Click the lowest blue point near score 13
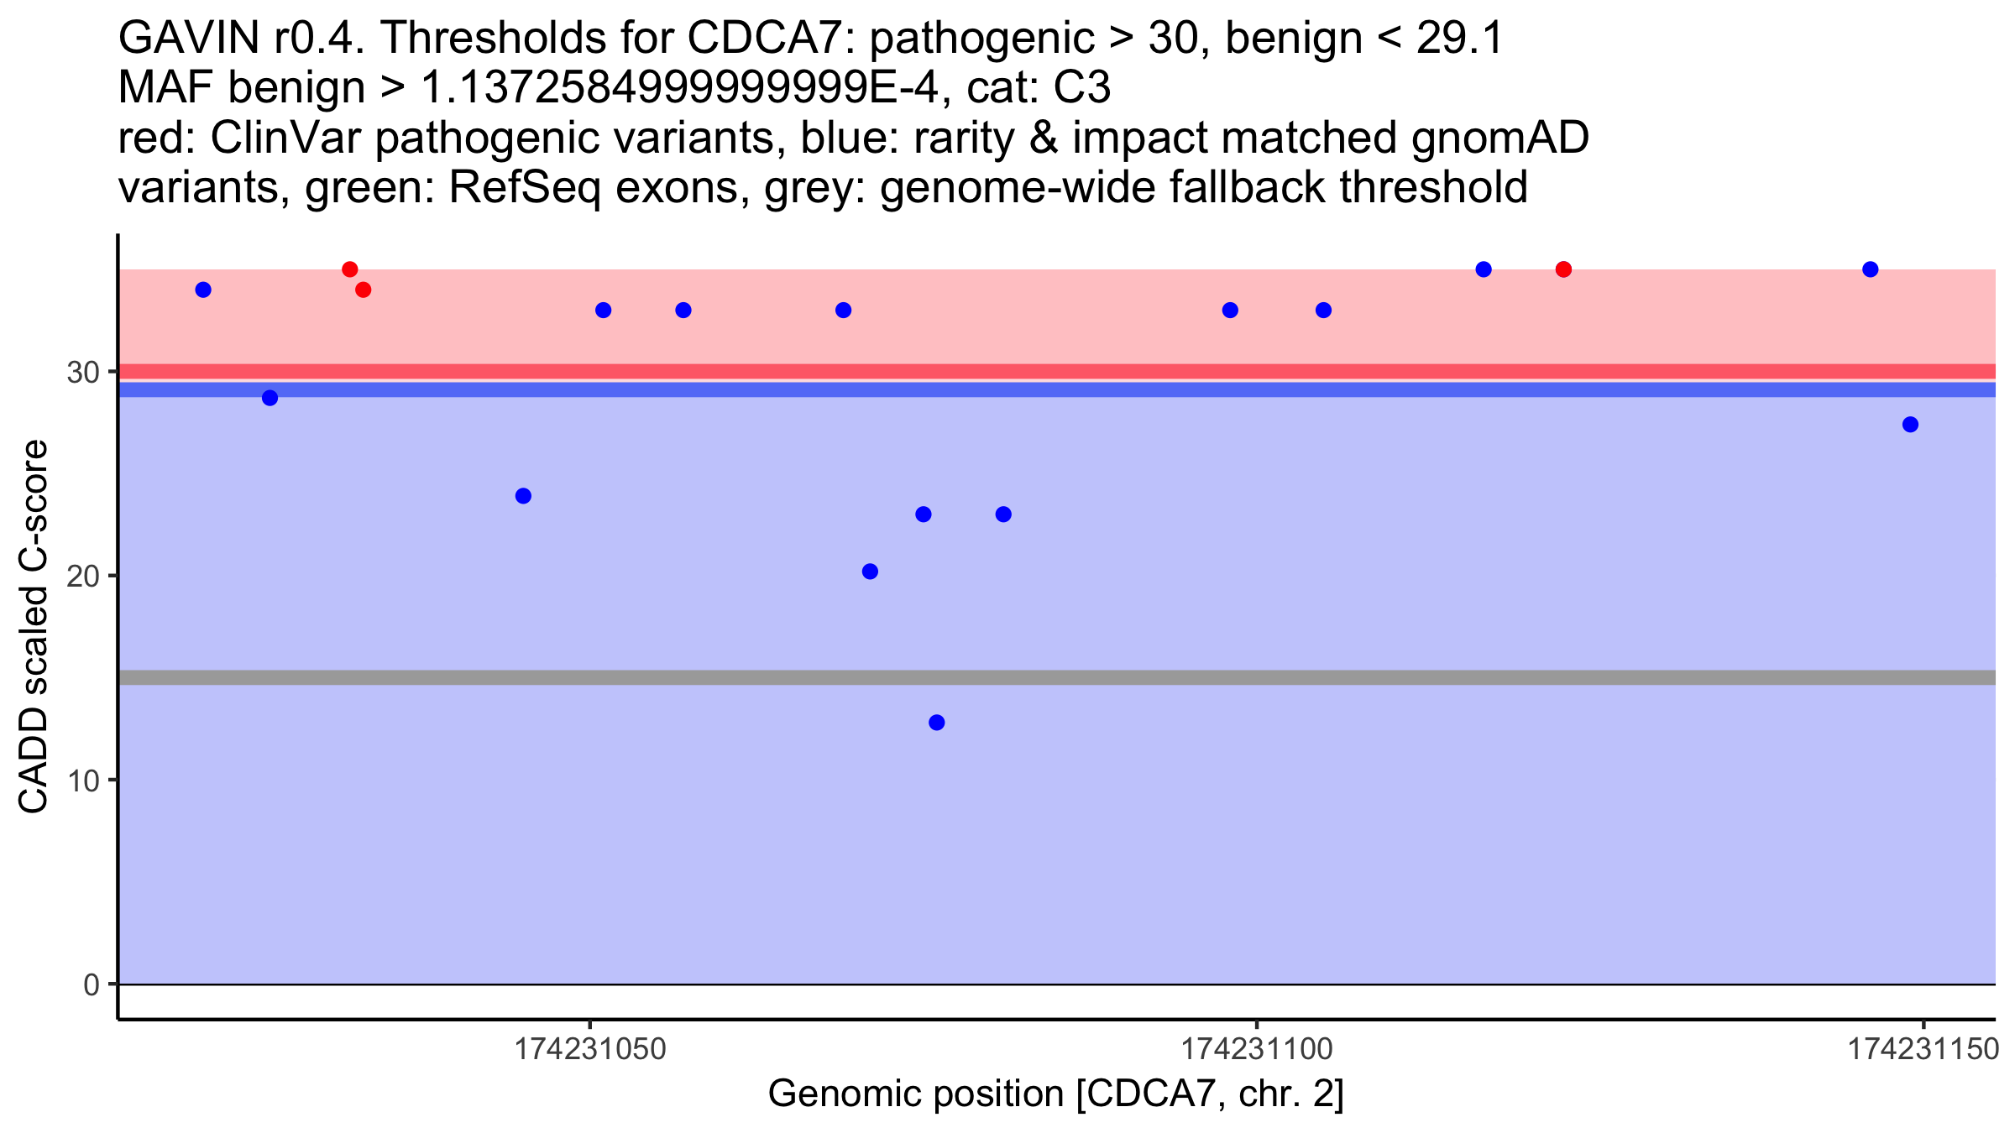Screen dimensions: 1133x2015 click(937, 723)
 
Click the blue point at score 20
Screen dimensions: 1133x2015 click(870, 572)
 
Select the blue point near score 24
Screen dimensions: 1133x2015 click(523, 496)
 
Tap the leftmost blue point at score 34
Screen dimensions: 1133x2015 click(203, 290)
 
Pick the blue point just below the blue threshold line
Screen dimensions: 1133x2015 click(270, 398)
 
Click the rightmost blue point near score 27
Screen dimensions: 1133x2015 click(1910, 425)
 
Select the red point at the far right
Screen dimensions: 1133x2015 click(1563, 269)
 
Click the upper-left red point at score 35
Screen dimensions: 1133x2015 click(350, 269)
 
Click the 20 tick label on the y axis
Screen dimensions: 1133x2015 click(82, 576)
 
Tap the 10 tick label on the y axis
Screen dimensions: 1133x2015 click(82, 781)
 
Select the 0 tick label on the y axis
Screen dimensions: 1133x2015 click(91, 984)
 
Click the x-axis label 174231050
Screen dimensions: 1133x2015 click(590, 1049)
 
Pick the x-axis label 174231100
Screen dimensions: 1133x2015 click(1257, 1049)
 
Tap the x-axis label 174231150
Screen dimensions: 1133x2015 click(1923, 1049)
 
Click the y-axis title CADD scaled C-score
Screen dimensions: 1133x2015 click(34, 627)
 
